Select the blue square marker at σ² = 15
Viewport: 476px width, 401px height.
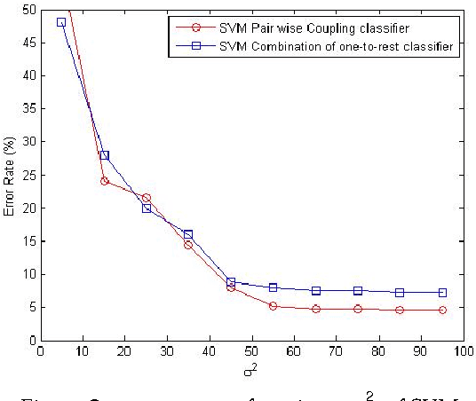tap(104, 155)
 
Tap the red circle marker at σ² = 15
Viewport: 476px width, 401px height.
tap(104, 181)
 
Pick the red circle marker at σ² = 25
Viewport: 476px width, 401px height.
tap(147, 198)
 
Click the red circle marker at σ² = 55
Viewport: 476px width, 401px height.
tap(273, 306)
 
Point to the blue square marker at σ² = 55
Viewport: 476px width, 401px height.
tap(273, 287)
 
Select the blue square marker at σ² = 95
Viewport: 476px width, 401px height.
tap(442, 293)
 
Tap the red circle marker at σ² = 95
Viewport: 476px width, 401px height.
tap(442, 311)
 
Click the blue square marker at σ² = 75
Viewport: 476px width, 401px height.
tap(358, 291)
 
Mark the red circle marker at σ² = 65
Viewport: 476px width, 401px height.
tap(315, 309)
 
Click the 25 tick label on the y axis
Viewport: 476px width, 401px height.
tap(29, 175)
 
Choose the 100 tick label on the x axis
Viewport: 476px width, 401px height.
tap(464, 351)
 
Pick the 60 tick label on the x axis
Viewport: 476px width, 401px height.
tap(294, 351)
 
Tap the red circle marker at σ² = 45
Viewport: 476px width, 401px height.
tap(231, 287)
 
